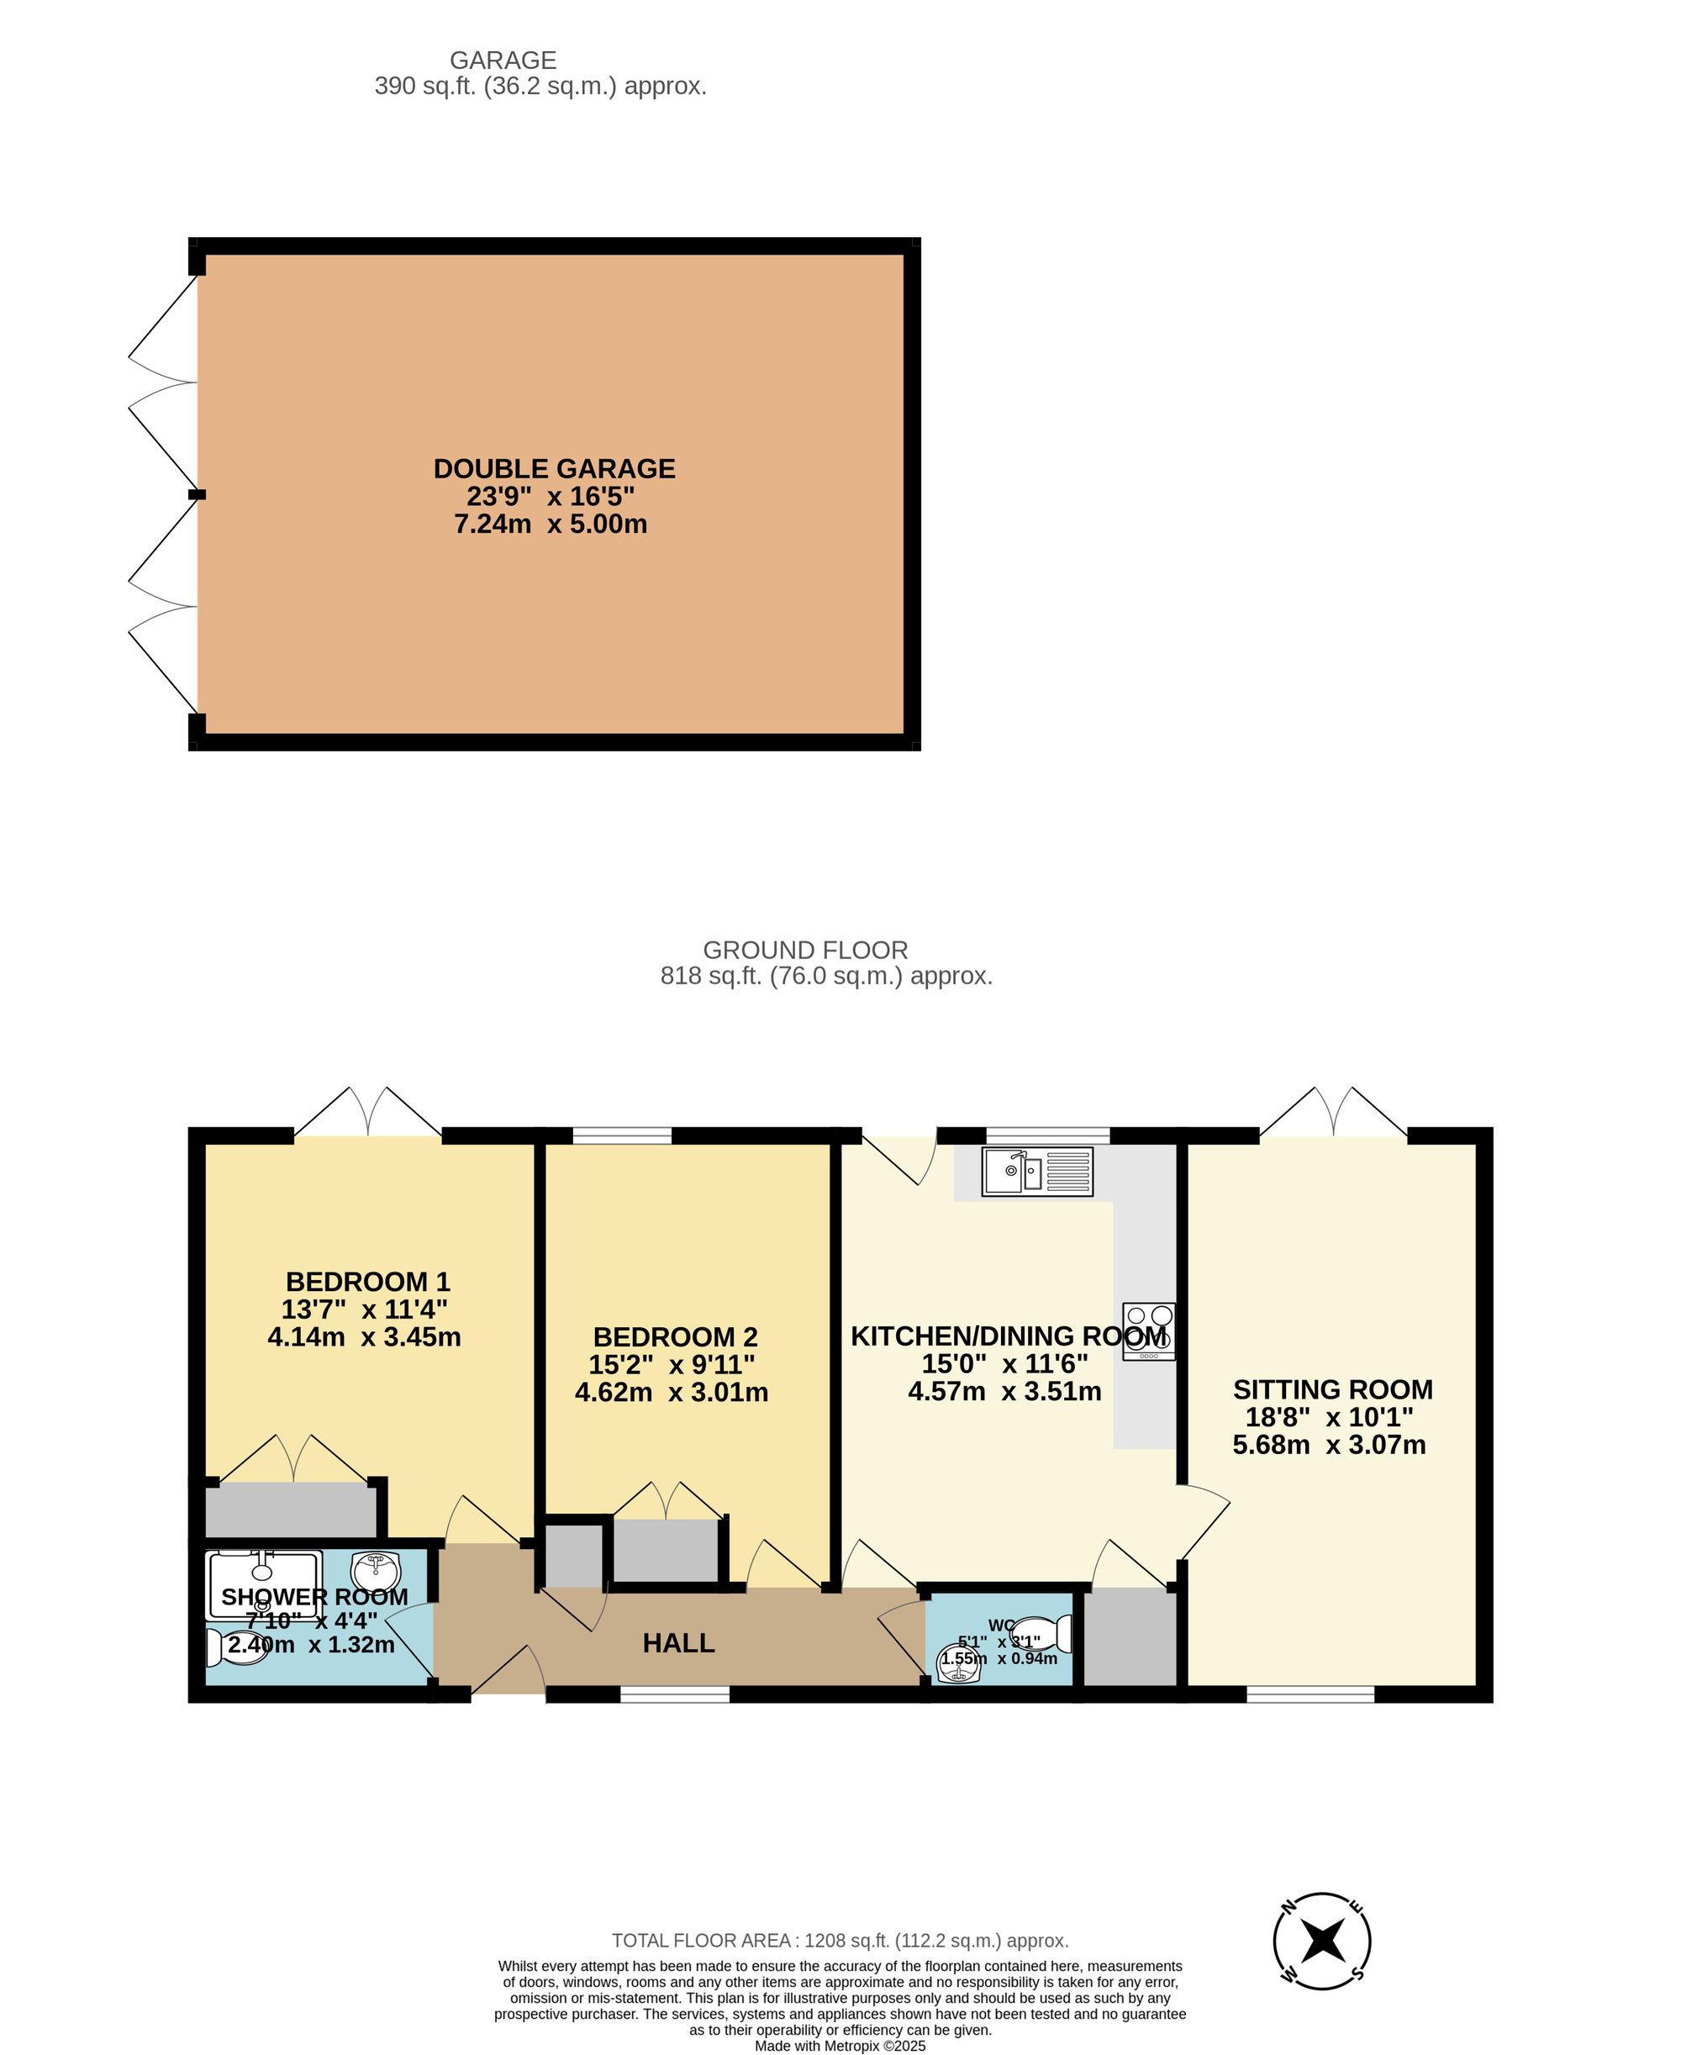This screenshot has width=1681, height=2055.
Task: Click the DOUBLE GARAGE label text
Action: click(554, 469)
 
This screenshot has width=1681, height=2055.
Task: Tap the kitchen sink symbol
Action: click(1036, 1172)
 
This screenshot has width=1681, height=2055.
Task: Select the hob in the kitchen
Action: click(1148, 1330)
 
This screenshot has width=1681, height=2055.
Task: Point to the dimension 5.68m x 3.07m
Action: click(1329, 1445)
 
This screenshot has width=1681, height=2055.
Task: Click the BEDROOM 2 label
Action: click(675, 1337)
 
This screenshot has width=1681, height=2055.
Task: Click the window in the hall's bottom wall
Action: click(674, 1694)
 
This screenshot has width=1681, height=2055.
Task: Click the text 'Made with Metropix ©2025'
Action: click(840, 2045)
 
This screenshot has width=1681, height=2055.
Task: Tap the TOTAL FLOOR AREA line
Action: click(840, 1941)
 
